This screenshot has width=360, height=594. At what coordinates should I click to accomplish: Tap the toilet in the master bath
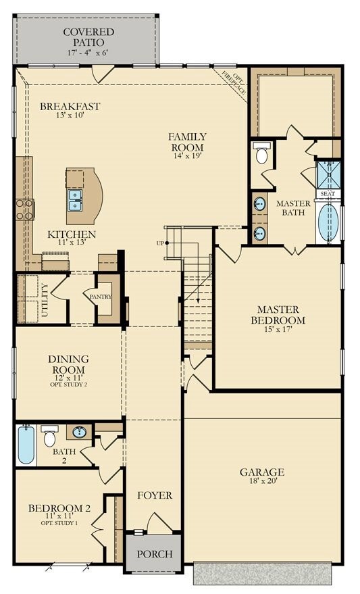click(x=262, y=153)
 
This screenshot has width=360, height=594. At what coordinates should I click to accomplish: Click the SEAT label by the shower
click(x=328, y=193)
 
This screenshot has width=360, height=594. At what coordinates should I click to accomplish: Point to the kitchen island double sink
click(x=76, y=201)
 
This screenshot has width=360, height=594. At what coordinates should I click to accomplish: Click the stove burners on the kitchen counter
click(x=25, y=209)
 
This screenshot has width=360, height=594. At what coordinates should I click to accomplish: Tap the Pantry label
click(x=101, y=297)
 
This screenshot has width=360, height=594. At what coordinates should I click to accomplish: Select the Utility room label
click(x=45, y=301)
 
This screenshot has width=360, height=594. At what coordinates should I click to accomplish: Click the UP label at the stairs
click(x=160, y=243)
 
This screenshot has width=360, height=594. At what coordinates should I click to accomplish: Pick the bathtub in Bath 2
click(x=26, y=445)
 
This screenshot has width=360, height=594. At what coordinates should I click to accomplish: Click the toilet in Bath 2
click(x=49, y=436)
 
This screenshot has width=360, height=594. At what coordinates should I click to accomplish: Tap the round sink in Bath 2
click(x=79, y=432)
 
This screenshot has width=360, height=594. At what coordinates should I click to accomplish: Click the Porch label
click(x=155, y=554)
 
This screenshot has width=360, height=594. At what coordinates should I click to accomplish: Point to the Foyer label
click(x=155, y=495)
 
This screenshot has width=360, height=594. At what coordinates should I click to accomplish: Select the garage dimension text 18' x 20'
click(x=262, y=481)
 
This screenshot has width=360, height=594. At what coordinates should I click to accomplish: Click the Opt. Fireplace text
click(x=234, y=83)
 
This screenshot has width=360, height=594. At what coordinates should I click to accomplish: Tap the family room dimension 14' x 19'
click(x=187, y=155)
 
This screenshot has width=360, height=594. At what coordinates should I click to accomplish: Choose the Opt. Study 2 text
click(x=68, y=385)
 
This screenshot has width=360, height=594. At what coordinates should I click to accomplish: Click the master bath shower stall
click(x=328, y=174)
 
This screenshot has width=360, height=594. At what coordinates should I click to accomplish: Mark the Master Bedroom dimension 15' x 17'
click(x=278, y=329)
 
